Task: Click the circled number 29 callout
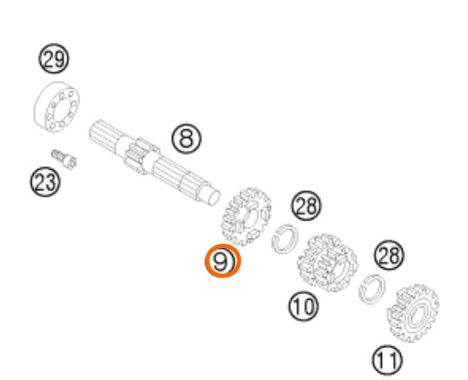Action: click(x=53, y=59)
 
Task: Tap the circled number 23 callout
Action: click(x=45, y=182)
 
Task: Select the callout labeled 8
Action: click(x=187, y=139)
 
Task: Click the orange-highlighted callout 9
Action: click(x=222, y=261)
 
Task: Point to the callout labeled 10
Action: click(x=303, y=307)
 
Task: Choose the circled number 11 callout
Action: click(x=387, y=360)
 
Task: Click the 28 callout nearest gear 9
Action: click(x=306, y=206)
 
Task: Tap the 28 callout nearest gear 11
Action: click(x=389, y=255)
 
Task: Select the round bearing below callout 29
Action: click(x=56, y=107)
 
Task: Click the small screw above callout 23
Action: click(x=64, y=159)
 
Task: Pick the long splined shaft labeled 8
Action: click(x=155, y=163)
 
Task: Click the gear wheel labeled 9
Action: click(x=246, y=216)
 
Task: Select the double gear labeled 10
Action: click(x=328, y=263)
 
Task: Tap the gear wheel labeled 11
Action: click(x=413, y=314)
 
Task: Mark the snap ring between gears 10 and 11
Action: click(x=372, y=290)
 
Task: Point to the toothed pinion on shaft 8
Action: click(x=141, y=156)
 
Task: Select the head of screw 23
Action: click(x=71, y=163)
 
